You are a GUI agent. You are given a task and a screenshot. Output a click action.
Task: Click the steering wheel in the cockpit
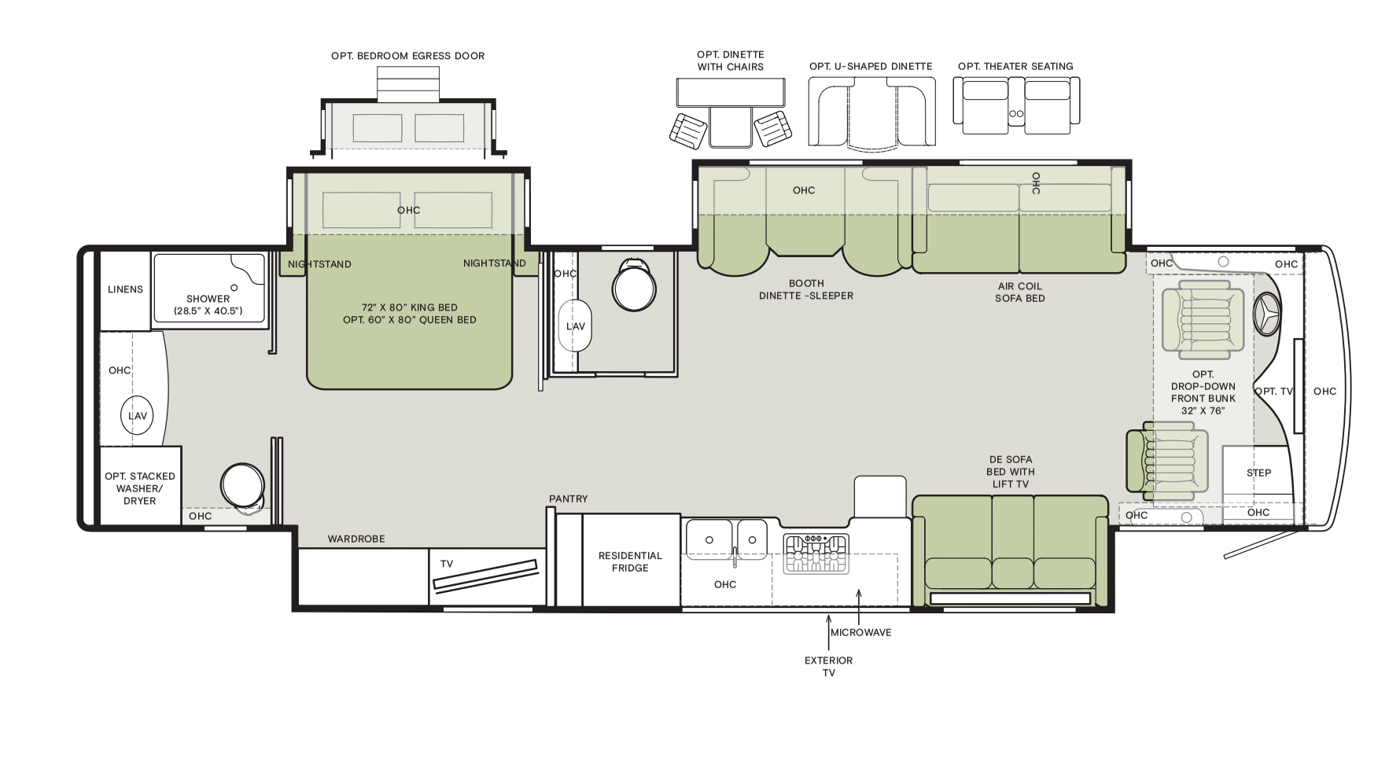1267,315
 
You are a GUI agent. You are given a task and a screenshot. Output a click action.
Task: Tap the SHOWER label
208,299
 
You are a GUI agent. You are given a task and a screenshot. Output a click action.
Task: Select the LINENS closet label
126,289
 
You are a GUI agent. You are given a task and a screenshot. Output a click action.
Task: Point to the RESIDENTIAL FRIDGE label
631,561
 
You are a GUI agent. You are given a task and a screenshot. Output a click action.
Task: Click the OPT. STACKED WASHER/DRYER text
140,488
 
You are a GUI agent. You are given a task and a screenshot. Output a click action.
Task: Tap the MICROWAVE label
861,632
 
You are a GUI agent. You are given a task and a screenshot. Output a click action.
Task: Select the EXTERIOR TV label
828,666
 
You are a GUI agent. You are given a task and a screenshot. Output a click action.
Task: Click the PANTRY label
569,499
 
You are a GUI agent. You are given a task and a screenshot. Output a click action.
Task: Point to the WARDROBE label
356,539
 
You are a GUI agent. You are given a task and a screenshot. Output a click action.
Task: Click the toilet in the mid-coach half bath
633,285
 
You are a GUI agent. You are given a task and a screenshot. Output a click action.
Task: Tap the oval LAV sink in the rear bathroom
138,415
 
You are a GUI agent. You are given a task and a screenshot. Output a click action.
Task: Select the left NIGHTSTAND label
319,264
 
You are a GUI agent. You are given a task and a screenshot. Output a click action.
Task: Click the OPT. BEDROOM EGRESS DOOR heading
408,56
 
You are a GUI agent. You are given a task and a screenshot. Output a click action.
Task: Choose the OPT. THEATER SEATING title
1015,66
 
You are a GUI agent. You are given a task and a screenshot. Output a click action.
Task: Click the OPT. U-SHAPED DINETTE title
871,66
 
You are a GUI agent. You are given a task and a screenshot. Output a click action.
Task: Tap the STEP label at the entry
1258,473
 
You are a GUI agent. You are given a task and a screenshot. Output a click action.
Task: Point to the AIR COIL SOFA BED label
1019,293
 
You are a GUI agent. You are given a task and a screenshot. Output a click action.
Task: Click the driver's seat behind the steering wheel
1203,318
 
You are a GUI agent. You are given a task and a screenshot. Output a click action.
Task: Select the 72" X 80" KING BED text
410,307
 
